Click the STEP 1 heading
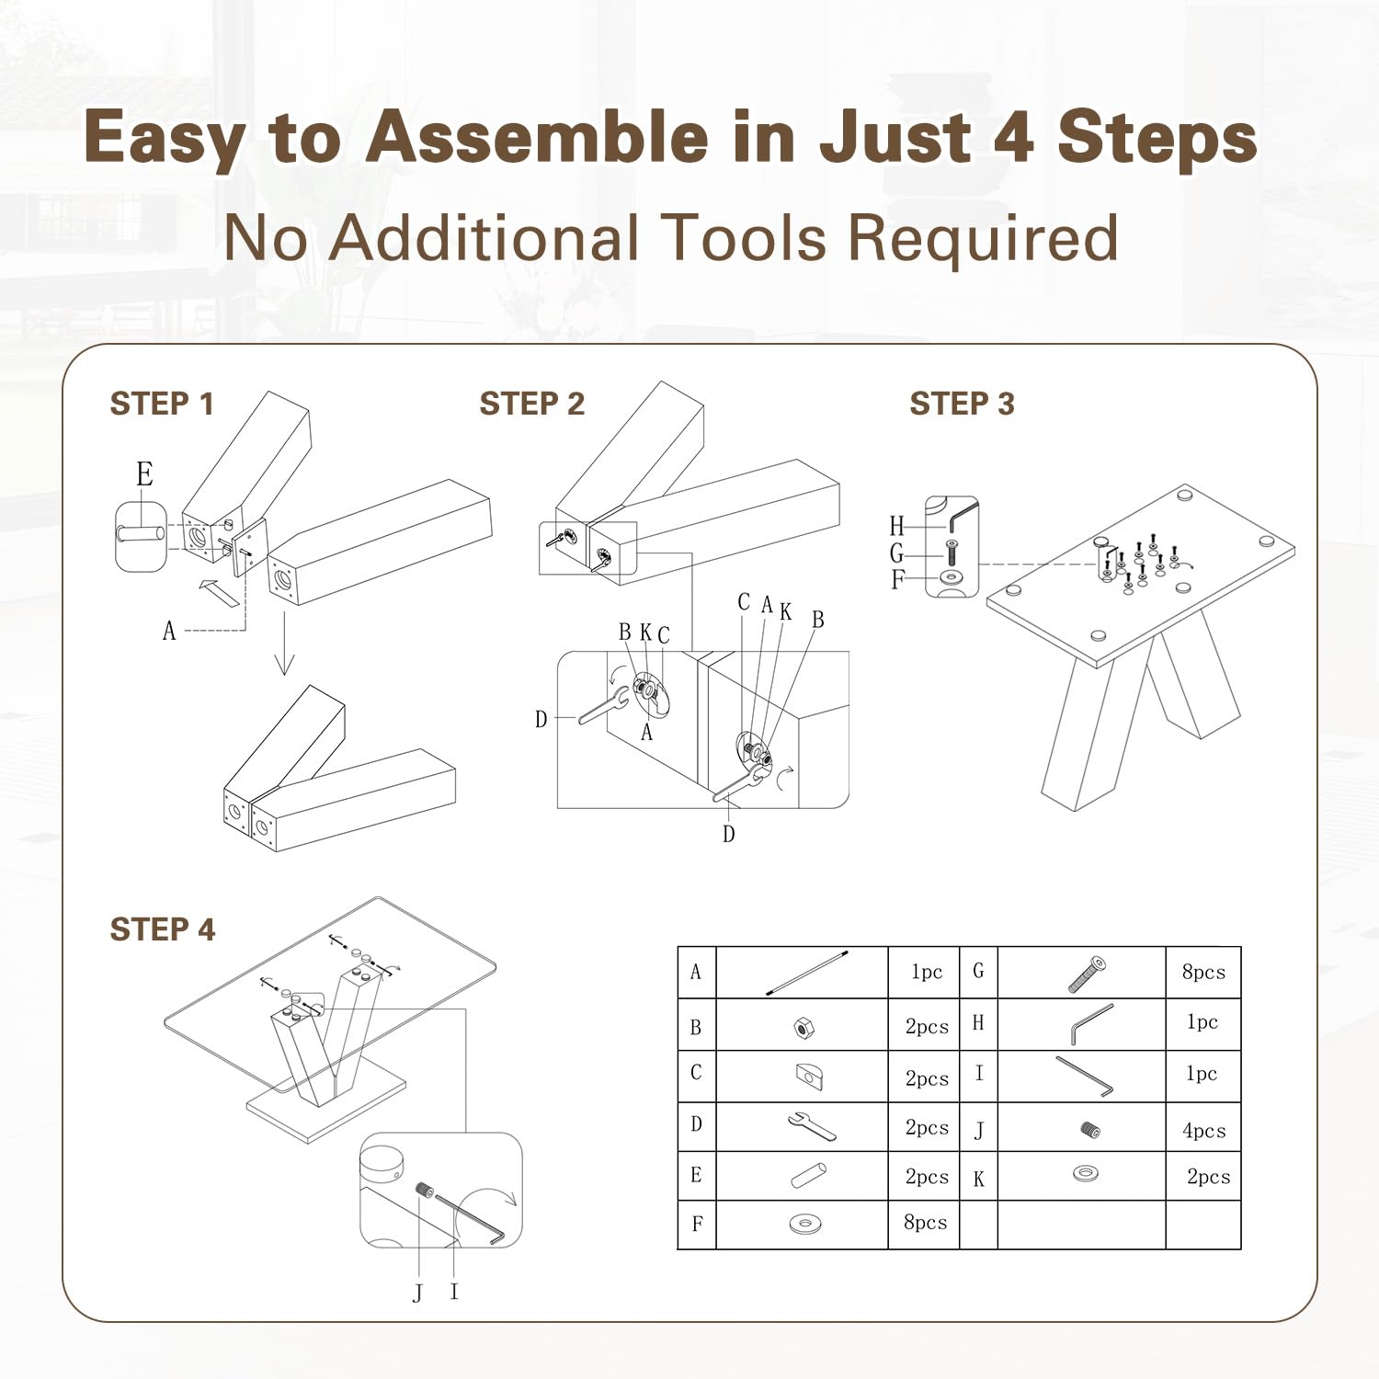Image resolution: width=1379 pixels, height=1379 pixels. [162, 404]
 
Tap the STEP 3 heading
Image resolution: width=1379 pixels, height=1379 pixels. [962, 404]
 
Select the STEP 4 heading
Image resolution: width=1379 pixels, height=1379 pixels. [163, 929]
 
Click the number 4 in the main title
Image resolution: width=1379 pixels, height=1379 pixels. [1013, 137]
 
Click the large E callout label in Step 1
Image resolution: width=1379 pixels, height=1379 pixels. [144, 473]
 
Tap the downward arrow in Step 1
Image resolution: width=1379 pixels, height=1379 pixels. [284, 643]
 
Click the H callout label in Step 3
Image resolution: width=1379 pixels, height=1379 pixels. [897, 526]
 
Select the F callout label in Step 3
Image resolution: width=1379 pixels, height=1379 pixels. [897, 580]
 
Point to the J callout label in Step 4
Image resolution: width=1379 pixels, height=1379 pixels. [418, 1293]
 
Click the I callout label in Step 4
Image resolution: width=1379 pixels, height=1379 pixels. [454, 1292]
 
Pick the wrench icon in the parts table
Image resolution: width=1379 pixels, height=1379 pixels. [812, 1125]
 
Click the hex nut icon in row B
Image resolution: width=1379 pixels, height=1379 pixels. [801, 1027]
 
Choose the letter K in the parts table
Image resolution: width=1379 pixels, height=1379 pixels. [979, 1179]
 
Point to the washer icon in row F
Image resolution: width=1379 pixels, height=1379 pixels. [805, 1224]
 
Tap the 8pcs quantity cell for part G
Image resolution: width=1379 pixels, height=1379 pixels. [1203, 972]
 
